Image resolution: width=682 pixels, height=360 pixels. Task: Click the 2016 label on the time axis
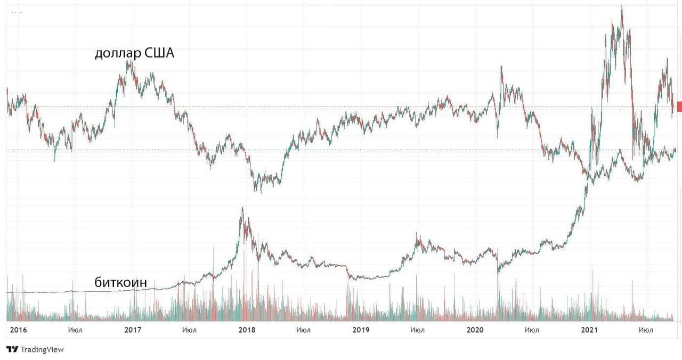(18, 330)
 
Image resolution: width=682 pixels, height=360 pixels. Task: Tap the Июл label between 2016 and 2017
(76, 330)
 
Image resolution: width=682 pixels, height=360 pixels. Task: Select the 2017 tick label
(133, 330)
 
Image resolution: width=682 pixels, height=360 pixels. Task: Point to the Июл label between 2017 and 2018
(189, 330)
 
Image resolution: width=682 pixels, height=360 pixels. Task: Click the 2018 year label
(247, 330)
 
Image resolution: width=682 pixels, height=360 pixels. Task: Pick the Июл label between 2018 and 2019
(304, 330)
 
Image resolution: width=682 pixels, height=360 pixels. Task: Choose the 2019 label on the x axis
(361, 330)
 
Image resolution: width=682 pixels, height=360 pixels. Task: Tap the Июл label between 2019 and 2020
(418, 330)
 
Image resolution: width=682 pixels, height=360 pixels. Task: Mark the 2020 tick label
(475, 330)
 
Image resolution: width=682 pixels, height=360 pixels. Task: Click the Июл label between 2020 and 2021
(532, 330)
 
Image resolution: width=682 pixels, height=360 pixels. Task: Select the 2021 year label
(589, 330)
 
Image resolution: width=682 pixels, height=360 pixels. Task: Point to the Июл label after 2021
(646, 330)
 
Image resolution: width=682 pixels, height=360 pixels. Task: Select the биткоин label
(120, 282)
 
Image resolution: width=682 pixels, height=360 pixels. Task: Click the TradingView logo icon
(12, 349)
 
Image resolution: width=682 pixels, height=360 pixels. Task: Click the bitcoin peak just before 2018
(242, 208)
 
